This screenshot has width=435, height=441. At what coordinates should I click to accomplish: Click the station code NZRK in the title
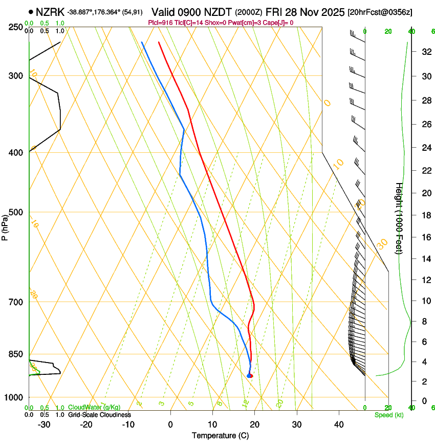click(x=50, y=11)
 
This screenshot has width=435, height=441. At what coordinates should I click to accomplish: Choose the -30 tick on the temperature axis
click(x=44, y=425)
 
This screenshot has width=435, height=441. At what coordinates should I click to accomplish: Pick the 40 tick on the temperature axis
click(x=339, y=425)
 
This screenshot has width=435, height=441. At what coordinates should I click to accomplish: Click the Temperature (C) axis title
click(x=220, y=435)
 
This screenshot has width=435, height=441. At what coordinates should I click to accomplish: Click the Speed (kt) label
click(x=388, y=415)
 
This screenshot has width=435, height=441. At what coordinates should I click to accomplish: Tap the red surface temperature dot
click(x=251, y=376)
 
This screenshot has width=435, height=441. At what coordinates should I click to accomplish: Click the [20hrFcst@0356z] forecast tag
click(x=380, y=12)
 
